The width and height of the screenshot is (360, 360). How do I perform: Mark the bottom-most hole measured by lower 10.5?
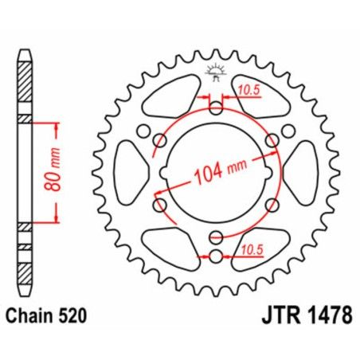[216, 255]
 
